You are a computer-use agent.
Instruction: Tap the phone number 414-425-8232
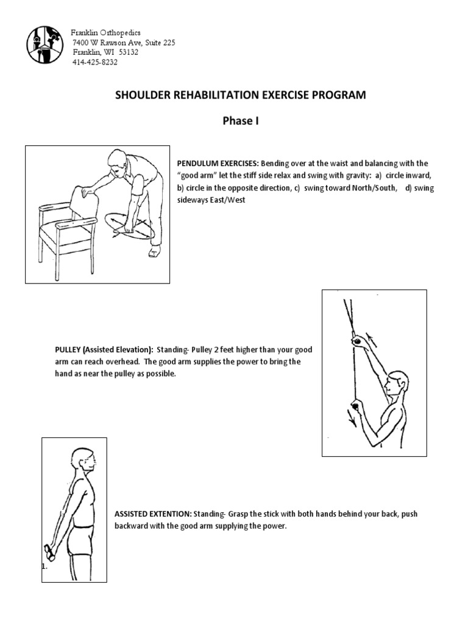pos(95,62)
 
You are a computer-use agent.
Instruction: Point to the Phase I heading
pos(241,121)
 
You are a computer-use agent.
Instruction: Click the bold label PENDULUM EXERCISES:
pos(218,164)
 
